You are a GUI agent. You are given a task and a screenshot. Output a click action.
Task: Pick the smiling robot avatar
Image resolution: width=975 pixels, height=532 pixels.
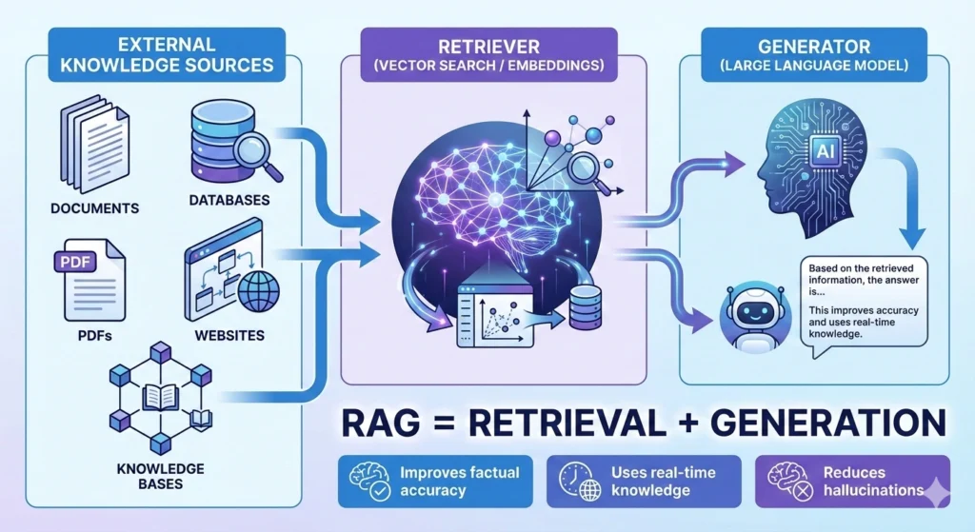coord(745,315)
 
